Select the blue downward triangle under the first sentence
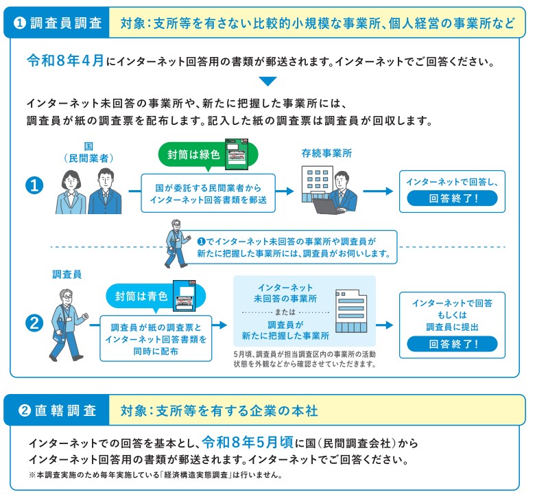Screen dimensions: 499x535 coord(267,81)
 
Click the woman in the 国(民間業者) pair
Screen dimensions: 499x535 coord(71,191)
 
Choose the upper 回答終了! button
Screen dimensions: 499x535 coord(452,199)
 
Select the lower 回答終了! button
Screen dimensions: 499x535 coord(453,344)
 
